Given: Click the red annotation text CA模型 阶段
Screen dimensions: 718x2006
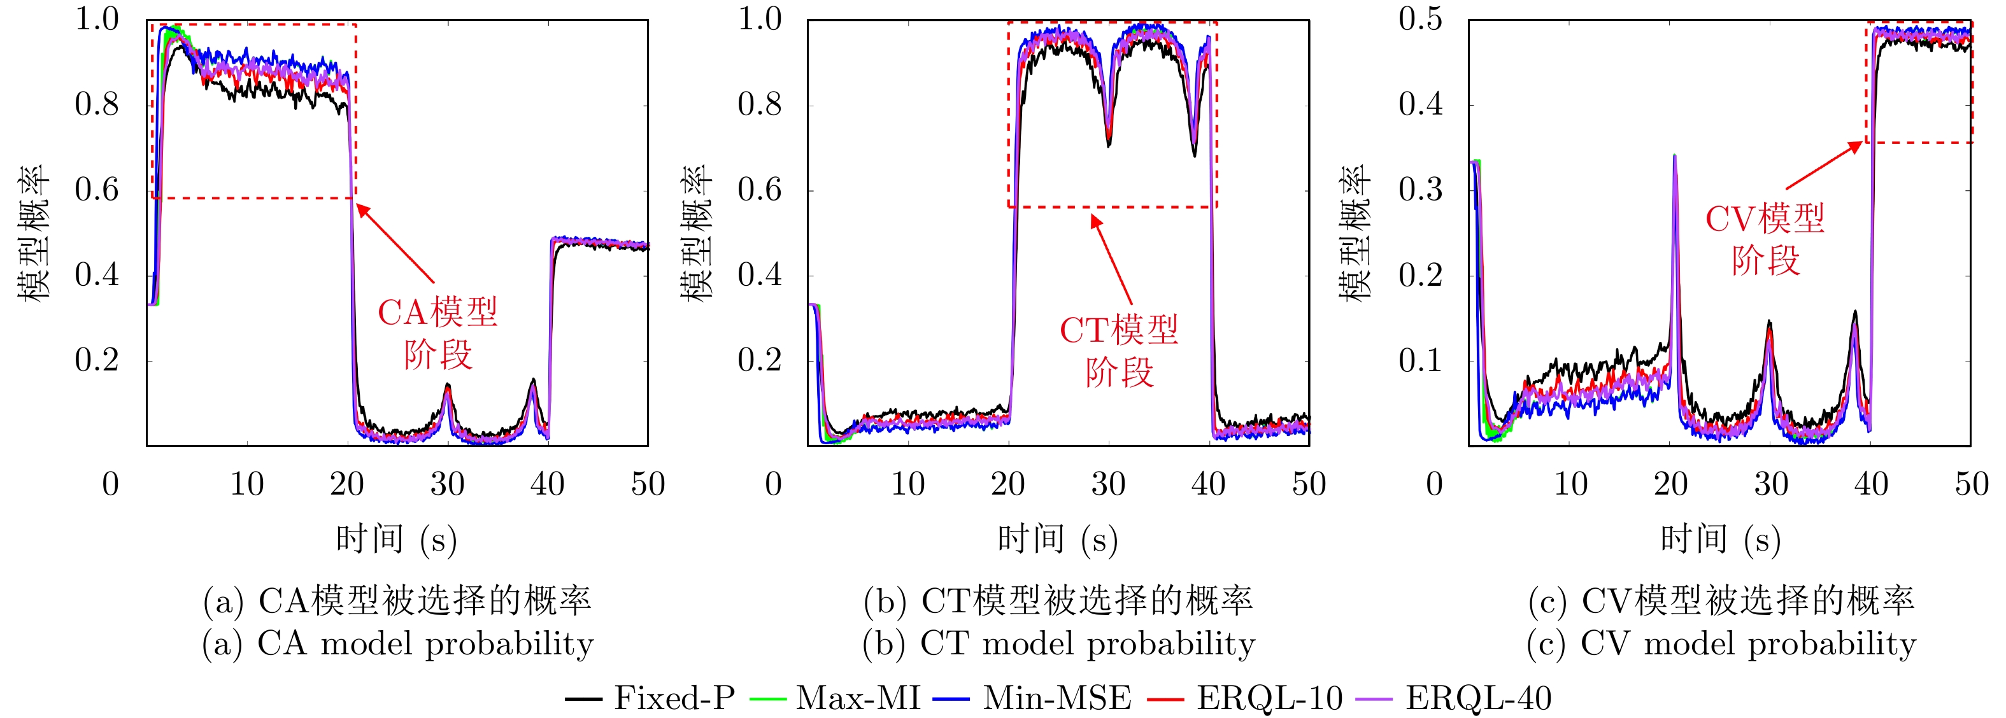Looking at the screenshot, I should pos(437,334).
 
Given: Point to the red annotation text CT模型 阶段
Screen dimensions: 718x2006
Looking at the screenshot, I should pos(1119,351).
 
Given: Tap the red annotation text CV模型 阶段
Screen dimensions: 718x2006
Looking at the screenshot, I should pos(1765,240).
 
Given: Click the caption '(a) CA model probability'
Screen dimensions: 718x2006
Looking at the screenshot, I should pos(398,644).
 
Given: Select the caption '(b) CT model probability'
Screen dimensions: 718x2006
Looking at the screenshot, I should pos(1059,644).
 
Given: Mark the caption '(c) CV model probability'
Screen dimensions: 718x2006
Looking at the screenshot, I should pos(1721,644).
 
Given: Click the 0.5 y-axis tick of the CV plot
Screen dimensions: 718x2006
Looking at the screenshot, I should pos(1420,20).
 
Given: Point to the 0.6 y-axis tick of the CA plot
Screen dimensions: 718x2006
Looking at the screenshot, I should pos(97,190).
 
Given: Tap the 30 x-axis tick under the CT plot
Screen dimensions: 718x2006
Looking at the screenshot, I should pos(1108,484).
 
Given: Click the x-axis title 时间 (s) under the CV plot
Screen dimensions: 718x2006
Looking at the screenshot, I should pos(1720,539).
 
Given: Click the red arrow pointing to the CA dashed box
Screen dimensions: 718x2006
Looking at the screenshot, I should pos(395,244).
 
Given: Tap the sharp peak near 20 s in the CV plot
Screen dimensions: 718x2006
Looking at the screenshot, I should pos(1674,157).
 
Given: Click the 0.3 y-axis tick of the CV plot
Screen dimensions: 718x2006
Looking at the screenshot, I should pos(1420,190).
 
